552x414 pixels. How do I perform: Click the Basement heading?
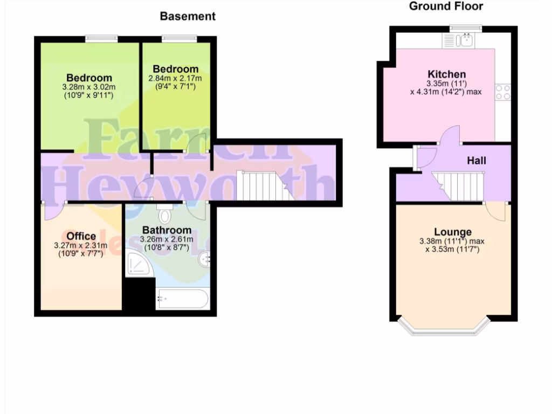[x=188, y=16]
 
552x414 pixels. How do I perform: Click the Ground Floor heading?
[x=446, y=6]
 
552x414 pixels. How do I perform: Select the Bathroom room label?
[x=167, y=230]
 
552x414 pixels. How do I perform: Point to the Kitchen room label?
[x=446, y=74]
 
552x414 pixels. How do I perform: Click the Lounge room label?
[x=453, y=232]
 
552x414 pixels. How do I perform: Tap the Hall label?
[x=477, y=161]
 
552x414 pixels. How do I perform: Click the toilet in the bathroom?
[x=165, y=215]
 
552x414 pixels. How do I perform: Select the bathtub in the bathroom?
[x=182, y=299]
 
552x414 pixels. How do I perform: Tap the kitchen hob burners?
[x=503, y=92]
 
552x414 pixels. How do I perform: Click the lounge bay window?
[x=443, y=328]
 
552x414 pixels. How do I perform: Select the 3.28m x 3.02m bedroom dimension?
[x=89, y=87]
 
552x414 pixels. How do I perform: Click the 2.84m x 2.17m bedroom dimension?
[x=175, y=78]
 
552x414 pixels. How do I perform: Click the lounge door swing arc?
[x=497, y=212]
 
